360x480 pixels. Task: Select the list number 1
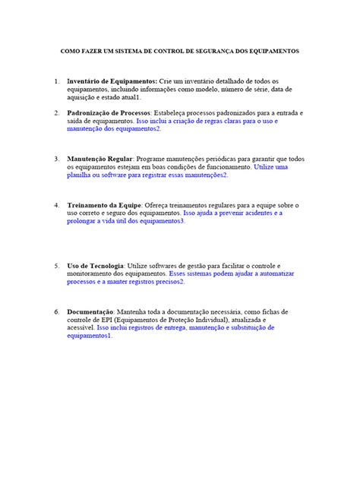57,80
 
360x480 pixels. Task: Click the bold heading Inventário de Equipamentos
112,80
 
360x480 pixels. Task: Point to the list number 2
57,112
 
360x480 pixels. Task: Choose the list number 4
57,205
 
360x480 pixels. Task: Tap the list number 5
57,266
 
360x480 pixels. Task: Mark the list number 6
57,311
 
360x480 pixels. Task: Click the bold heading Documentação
90,311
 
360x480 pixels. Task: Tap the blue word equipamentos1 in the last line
90,336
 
